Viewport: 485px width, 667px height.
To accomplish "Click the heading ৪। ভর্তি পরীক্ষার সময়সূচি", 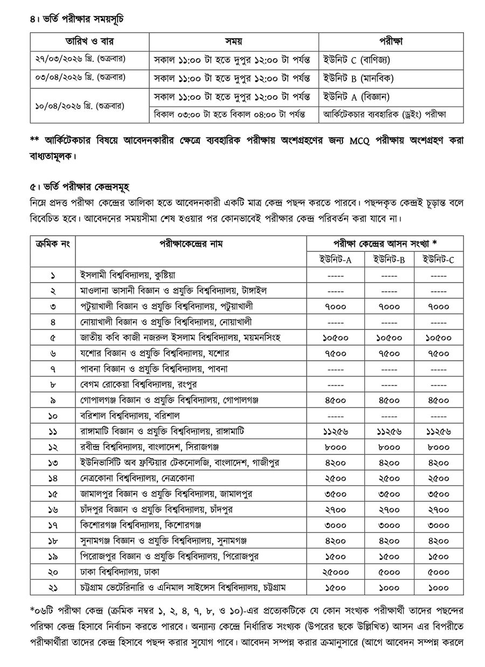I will point(77,19).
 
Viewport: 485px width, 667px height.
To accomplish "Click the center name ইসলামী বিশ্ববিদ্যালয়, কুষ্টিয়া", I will point(127,275).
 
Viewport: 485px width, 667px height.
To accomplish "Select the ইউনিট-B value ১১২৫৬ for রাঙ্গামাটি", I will point(387,431).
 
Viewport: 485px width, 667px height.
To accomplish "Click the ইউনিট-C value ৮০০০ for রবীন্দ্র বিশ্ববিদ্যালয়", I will point(439,447).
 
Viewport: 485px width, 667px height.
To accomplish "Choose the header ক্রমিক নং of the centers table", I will point(53,243).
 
